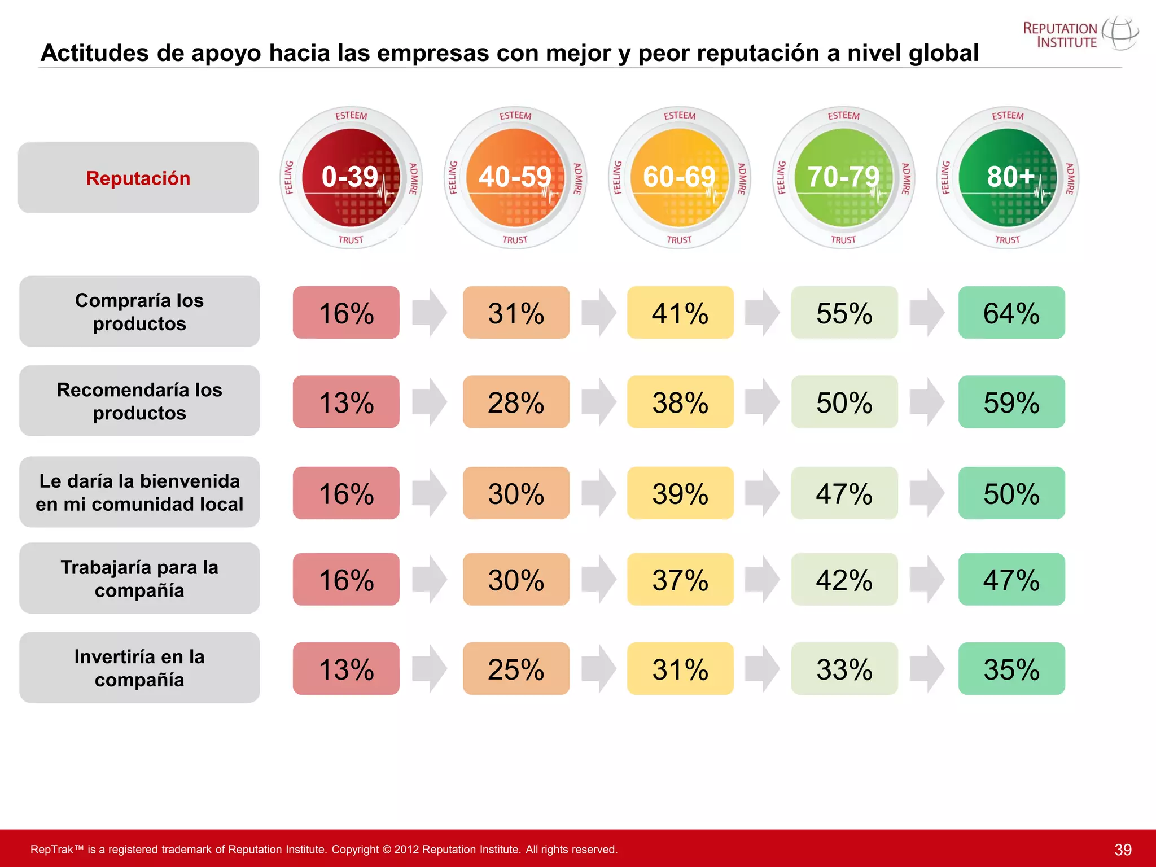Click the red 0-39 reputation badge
coord(351,177)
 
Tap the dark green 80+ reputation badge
coord(1008,177)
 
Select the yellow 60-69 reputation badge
coord(679,177)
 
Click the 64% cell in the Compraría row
coord(1011,313)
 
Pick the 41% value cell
coord(680,313)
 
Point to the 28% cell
coord(516,402)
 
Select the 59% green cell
coord(1011,402)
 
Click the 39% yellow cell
coord(680,493)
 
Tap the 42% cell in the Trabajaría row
coord(844,579)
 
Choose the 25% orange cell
coord(516,668)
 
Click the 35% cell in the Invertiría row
coord(1011,668)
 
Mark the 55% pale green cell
coord(844,313)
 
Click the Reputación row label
coord(138,178)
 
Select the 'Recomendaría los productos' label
coord(139,401)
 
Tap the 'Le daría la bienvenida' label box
coord(139,492)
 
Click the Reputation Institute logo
coord(1079,34)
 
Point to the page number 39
coord(1123,850)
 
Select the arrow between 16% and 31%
coord(430,313)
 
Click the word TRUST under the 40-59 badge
coord(515,240)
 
